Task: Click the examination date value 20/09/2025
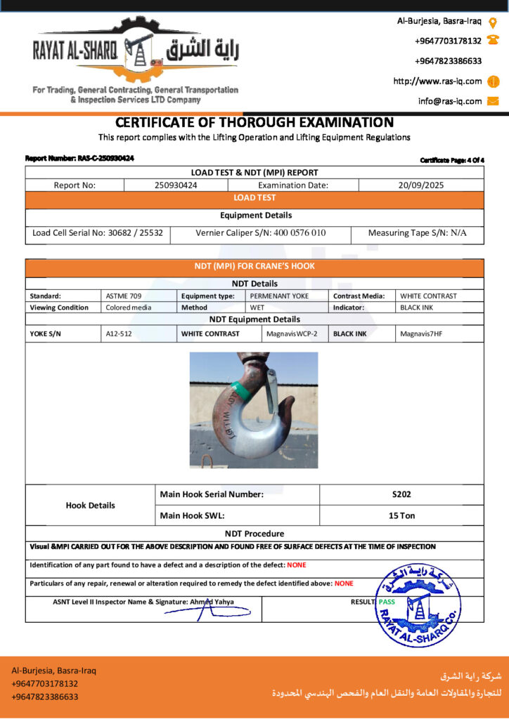pyautogui.click(x=420, y=185)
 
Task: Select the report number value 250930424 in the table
pyautogui.click(x=176, y=185)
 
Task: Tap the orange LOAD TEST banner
pyautogui.click(x=254, y=198)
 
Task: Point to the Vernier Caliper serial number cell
pyautogui.click(x=260, y=233)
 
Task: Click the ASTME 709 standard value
pyautogui.click(x=123, y=296)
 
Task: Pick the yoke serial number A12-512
pyautogui.click(x=119, y=334)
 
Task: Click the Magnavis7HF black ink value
pyautogui.click(x=419, y=334)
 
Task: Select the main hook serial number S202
pyautogui.click(x=401, y=494)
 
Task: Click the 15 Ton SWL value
pyautogui.click(x=401, y=515)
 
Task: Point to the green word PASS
pyautogui.click(x=387, y=602)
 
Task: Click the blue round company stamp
pyautogui.click(x=418, y=604)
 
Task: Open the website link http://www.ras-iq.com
pyautogui.click(x=437, y=81)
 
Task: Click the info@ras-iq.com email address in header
pyautogui.click(x=450, y=101)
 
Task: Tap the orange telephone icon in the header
pyautogui.click(x=493, y=41)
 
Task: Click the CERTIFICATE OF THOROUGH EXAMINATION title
pyautogui.click(x=254, y=122)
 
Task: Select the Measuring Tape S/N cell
pyautogui.click(x=417, y=233)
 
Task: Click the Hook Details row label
pyautogui.click(x=91, y=505)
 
